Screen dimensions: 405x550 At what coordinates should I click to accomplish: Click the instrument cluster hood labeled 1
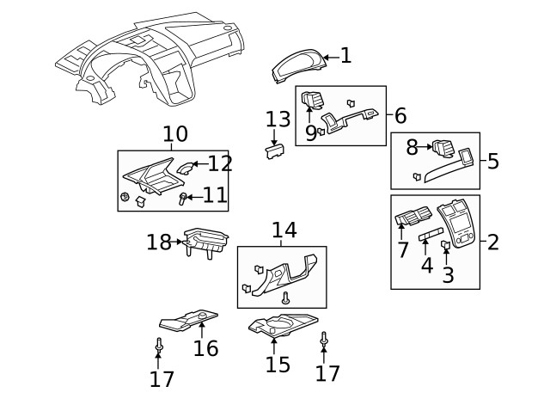(x=299, y=67)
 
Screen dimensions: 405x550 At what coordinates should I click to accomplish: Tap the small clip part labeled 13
(x=274, y=151)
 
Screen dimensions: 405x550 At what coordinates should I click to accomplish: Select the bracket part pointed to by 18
(x=205, y=245)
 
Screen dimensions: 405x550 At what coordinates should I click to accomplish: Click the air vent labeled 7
(x=408, y=226)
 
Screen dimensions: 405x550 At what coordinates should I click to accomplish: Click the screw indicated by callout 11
(x=182, y=199)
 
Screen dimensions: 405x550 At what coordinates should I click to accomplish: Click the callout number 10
(x=174, y=135)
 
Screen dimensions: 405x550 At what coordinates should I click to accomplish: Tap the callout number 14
(x=284, y=230)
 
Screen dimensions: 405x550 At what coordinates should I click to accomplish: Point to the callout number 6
(x=400, y=115)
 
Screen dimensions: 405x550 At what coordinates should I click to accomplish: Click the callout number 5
(x=492, y=161)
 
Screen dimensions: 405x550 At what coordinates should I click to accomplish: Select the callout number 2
(x=492, y=242)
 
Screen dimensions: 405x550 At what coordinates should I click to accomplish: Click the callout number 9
(x=310, y=133)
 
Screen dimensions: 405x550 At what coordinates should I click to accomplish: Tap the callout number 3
(x=447, y=275)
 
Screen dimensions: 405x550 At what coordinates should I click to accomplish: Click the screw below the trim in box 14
(x=285, y=298)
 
